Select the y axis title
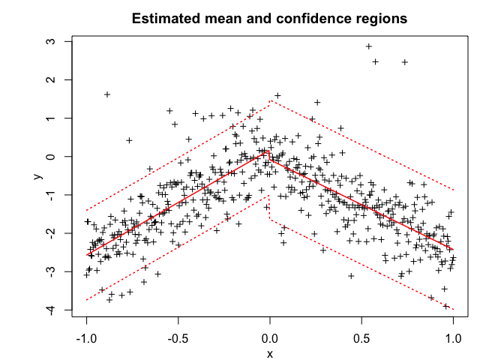pos(35,175)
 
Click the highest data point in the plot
pos(368,46)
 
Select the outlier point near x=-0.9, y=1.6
pos(107,94)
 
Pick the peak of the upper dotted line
pos(271,101)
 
